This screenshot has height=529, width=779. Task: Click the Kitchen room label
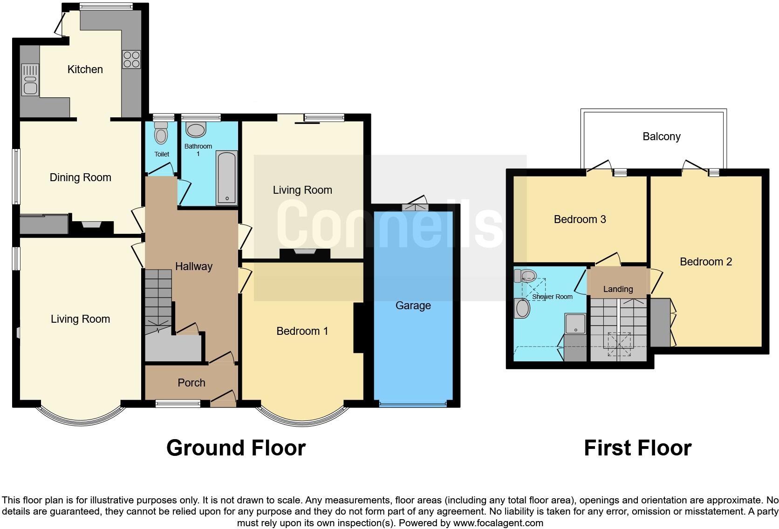pyautogui.click(x=85, y=69)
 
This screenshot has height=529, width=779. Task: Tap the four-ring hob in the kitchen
pyautogui.click(x=131, y=59)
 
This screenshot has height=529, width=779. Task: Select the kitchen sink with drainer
pyautogui.click(x=30, y=80)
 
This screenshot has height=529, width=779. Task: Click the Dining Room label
pyautogui.click(x=80, y=177)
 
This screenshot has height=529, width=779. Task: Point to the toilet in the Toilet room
pyautogui.click(x=161, y=133)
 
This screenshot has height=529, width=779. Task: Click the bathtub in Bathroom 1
pyautogui.click(x=227, y=178)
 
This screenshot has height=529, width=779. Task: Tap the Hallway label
pyautogui.click(x=193, y=266)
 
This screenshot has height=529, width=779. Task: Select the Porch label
pyautogui.click(x=191, y=383)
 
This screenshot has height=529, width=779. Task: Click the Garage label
pyautogui.click(x=413, y=305)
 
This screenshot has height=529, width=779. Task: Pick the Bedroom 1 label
pyautogui.click(x=302, y=331)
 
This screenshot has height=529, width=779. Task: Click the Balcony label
pyautogui.click(x=661, y=136)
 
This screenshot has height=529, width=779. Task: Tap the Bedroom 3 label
pyautogui.click(x=580, y=219)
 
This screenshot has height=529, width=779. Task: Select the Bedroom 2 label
pyautogui.click(x=705, y=262)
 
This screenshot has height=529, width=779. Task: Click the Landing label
pyautogui.click(x=618, y=289)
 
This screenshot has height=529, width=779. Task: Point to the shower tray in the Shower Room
pyautogui.click(x=576, y=324)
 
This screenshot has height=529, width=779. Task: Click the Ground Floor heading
pyautogui.click(x=236, y=448)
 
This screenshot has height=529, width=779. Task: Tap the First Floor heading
pyautogui.click(x=637, y=448)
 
